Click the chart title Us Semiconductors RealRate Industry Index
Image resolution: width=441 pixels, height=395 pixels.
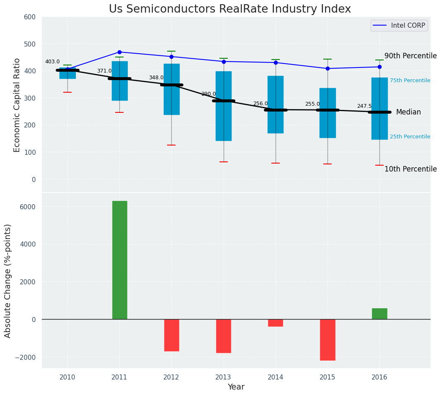(x=230, y=9)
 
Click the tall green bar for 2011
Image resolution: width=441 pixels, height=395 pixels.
(x=120, y=260)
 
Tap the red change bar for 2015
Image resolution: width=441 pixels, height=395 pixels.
(x=328, y=340)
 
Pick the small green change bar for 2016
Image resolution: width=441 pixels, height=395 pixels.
(x=379, y=314)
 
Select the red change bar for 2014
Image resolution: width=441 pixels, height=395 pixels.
(x=276, y=323)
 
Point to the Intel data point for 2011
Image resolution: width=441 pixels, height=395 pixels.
(x=119, y=52)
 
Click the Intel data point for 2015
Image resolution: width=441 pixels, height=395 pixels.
(x=328, y=68)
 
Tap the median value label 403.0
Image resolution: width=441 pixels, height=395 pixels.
(x=52, y=62)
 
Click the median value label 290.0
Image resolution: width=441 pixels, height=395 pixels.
(x=209, y=94)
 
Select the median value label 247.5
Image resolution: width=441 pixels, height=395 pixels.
(x=364, y=106)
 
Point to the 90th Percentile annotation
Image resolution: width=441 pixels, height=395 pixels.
(x=410, y=56)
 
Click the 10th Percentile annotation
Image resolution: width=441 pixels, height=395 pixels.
(x=410, y=169)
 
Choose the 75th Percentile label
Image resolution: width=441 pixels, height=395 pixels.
(x=410, y=81)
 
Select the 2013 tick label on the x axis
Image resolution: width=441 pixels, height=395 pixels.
(x=224, y=377)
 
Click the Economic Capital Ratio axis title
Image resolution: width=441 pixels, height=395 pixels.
(x=17, y=105)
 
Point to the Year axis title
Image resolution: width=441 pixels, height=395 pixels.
(x=236, y=387)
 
